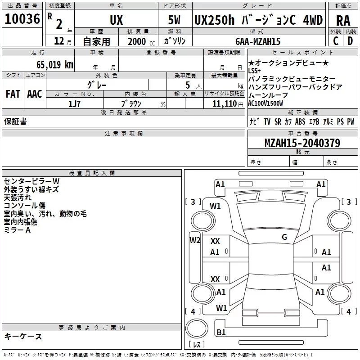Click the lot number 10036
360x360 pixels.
click(22, 19)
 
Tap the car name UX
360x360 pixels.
click(116, 20)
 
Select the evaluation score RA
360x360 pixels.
click(343, 20)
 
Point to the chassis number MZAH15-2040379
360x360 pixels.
click(302, 143)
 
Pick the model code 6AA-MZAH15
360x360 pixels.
click(258, 41)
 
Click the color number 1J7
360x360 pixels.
click(75, 103)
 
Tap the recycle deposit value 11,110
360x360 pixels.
click(229, 103)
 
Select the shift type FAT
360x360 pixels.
click(13, 94)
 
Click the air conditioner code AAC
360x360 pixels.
click(34, 94)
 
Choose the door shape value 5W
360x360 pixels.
click(175, 20)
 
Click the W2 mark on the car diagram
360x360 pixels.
click(194, 240)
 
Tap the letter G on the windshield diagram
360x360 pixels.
click(284, 237)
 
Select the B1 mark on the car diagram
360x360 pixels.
click(221, 333)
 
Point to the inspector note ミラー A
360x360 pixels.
click(17, 229)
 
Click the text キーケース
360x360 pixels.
click(23, 336)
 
